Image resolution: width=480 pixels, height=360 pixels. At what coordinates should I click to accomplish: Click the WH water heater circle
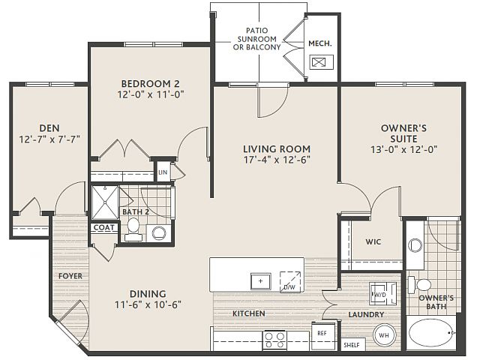pos(384,335)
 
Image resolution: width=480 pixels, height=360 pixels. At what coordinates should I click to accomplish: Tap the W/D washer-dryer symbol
pos(383,294)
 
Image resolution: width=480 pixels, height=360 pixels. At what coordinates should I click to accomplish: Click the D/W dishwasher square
pos(290,281)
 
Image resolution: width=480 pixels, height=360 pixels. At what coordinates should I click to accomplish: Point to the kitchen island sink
pos(261,281)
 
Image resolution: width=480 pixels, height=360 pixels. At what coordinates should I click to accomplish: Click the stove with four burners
pos(274,340)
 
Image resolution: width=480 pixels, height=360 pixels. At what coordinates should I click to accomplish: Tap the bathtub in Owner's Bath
pos(432,333)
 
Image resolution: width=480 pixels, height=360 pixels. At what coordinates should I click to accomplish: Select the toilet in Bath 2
pos(133,229)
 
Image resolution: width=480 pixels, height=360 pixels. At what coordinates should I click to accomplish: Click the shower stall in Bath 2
pos(105,202)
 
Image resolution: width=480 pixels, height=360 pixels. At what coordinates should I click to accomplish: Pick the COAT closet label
pos(104,227)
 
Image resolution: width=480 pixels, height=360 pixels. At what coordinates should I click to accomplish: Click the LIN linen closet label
pos(163,172)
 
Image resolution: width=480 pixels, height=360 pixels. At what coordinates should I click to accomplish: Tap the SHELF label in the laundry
pos(352,345)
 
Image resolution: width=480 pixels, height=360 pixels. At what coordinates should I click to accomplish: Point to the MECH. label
pos(320,43)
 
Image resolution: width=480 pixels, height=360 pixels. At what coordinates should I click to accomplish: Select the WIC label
pos(373,241)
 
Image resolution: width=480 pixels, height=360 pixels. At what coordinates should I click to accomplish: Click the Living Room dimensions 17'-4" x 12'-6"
pos(277,160)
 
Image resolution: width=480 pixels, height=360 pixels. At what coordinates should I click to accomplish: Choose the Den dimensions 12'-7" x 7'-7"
pos(49,139)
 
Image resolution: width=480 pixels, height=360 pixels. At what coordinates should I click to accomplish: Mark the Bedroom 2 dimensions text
pos(151,94)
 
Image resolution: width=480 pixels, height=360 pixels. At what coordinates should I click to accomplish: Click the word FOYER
pos(70,276)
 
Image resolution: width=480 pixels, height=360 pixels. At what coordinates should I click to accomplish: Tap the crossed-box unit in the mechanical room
pos(321,62)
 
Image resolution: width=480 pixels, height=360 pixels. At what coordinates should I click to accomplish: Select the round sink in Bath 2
pos(159,233)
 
